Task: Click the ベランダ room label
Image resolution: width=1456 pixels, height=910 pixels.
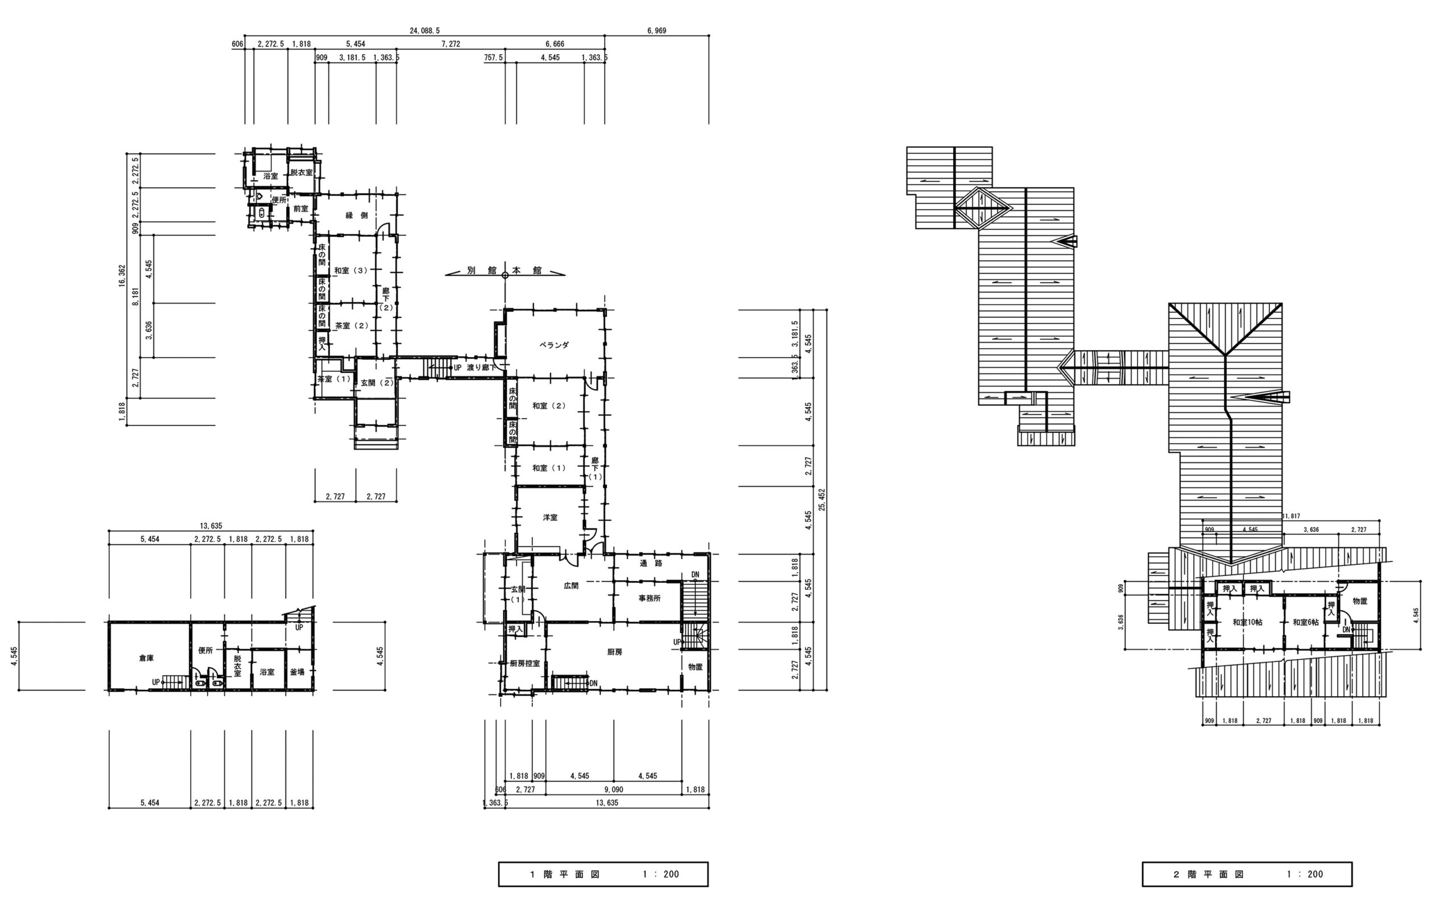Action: tap(553, 345)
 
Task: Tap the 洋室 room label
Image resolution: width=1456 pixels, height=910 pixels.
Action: tap(550, 518)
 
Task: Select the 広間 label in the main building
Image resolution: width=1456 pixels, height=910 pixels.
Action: tap(571, 586)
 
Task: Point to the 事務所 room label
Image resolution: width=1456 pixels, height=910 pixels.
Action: tap(650, 598)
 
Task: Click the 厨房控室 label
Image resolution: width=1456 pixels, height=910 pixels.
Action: tap(524, 663)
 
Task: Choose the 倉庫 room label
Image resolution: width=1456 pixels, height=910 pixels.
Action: tap(146, 659)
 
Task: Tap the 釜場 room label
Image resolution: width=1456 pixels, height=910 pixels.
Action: tap(297, 672)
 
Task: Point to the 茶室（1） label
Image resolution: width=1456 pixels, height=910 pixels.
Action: tap(334, 379)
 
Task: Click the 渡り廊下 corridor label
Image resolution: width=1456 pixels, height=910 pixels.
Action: tap(482, 367)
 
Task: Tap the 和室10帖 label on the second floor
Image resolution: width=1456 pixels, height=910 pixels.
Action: tap(1247, 622)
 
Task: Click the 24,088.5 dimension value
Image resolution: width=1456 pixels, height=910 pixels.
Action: tap(425, 31)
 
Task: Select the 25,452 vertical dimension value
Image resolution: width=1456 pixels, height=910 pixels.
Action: tap(822, 499)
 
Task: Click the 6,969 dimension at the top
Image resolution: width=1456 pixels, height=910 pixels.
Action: tap(657, 31)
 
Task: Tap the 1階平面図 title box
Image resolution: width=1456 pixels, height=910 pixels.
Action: tap(603, 875)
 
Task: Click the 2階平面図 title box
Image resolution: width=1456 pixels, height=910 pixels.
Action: tap(1247, 875)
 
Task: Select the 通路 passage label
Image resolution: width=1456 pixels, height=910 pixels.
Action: tap(651, 563)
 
